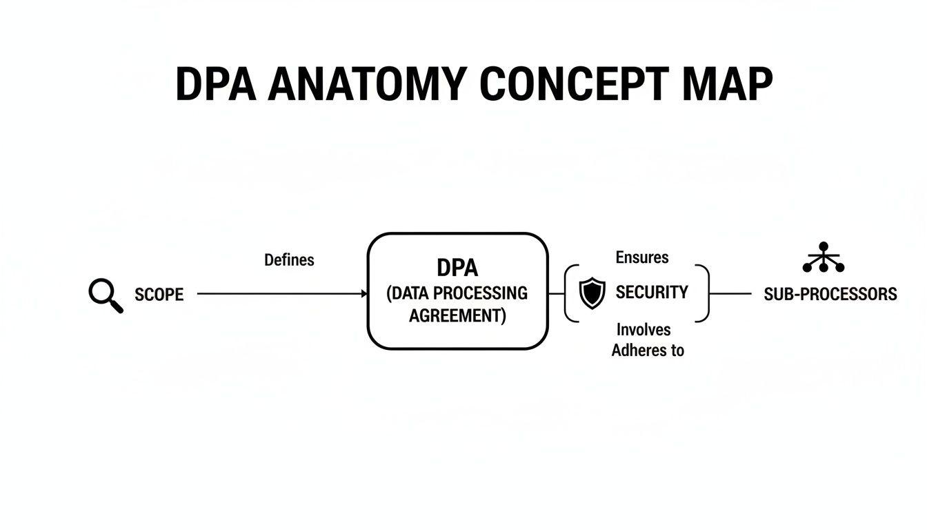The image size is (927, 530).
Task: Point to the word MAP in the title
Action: coord(728,85)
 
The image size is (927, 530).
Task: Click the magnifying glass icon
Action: coord(106,295)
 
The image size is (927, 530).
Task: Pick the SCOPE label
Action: coord(159,295)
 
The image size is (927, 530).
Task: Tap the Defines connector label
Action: coord(289,260)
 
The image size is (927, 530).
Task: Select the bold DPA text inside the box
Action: coord(457,268)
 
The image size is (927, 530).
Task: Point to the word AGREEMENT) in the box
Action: coord(457,316)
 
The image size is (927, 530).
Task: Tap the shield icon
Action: coord(591,293)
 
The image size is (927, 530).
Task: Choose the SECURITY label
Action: coord(652,293)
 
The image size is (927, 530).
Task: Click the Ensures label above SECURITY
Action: coord(642,257)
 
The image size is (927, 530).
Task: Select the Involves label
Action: coord(644,330)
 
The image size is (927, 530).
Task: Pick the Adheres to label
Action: coord(648,350)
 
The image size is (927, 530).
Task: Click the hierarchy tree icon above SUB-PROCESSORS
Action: coord(824,258)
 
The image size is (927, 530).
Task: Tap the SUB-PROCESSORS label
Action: coord(830,295)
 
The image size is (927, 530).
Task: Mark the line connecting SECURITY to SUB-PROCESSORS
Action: coord(730,294)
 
